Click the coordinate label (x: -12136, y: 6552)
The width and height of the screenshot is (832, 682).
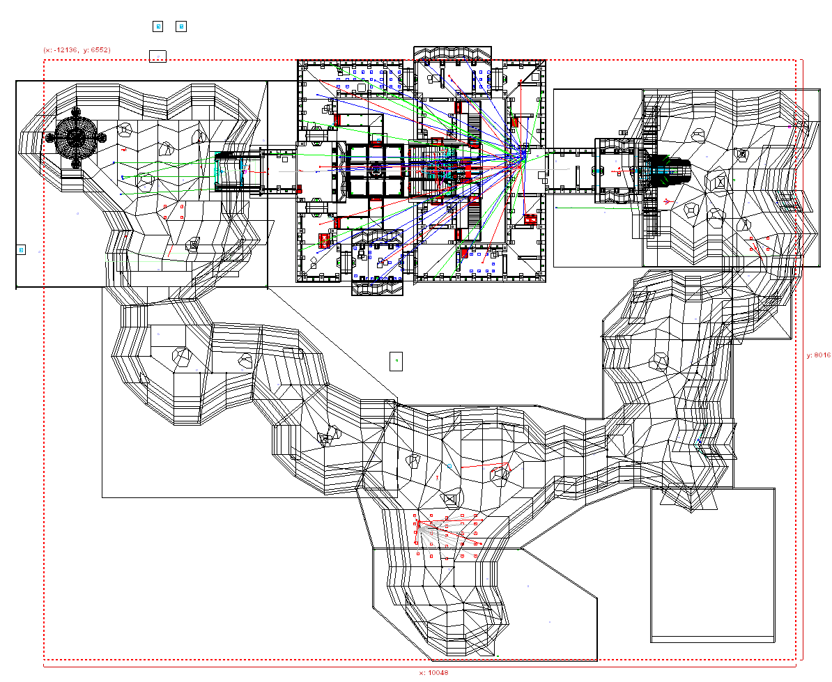[x=77, y=50]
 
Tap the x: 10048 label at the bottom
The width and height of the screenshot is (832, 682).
[x=433, y=672]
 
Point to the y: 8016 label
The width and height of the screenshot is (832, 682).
[x=819, y=355]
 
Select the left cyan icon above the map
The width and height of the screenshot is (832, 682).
[x=157, y=26]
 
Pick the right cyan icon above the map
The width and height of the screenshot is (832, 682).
[x=181, y=26]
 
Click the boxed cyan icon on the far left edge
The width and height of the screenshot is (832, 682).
[x=21, y=250]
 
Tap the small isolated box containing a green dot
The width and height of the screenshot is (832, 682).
[x=396, y=361]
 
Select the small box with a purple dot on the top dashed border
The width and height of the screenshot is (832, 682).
[x=157, y=56]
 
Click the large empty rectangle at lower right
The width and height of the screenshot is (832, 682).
[x=713, y=565]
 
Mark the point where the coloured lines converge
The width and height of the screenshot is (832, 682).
[x=523, y=153]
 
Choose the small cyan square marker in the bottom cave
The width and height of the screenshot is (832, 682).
[x=450, y=467]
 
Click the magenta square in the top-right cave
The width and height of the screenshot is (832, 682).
[x=789, y=127]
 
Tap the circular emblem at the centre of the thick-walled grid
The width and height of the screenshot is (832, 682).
[x=376, y=170]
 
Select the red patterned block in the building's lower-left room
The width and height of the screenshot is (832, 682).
[x=324, y=240]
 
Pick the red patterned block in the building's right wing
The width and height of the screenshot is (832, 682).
[x=530, y=219]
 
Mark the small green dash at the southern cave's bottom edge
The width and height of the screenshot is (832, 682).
[x=498, y=656]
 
